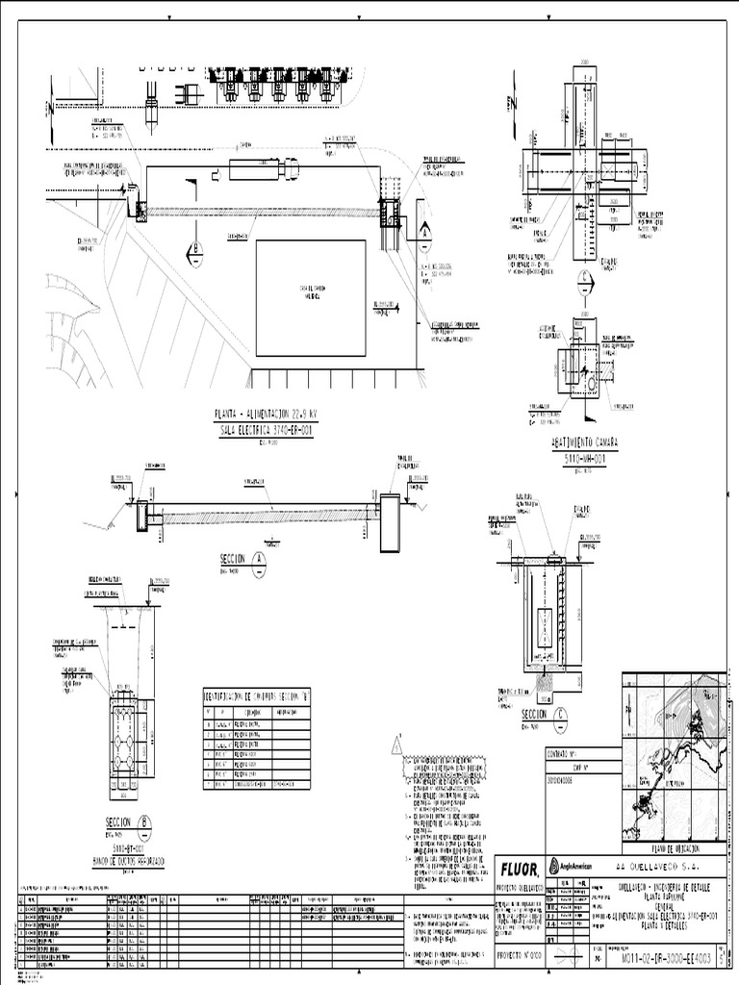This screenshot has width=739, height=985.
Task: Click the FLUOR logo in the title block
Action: pos(518,869)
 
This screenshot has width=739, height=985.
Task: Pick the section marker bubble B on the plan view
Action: pos(194,250)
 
